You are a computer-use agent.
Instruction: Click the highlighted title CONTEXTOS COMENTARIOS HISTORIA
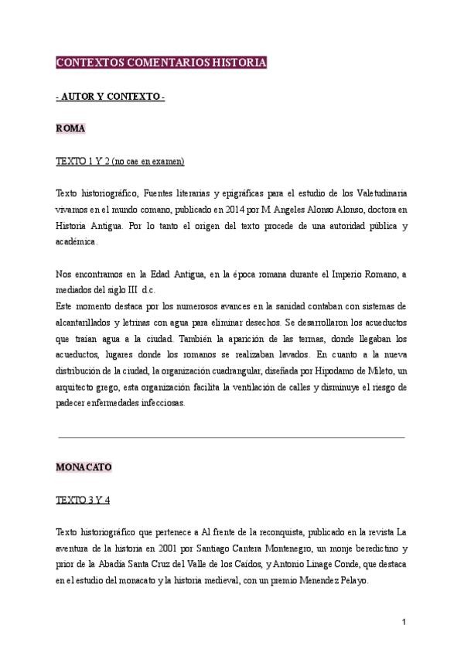click(x=162, y=63)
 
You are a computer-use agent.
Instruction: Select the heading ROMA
click(x=70, y=128)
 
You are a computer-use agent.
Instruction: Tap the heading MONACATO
click(x=84, y=467)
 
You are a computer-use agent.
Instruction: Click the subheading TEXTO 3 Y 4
click(x=84, y=500)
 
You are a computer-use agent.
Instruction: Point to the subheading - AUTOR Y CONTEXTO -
click(x=111, y=96)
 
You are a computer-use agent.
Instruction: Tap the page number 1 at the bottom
click(x=404, y=622)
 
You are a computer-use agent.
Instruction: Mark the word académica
click(x=76, y=241)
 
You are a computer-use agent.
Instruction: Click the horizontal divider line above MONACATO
click(x=232, y=437)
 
